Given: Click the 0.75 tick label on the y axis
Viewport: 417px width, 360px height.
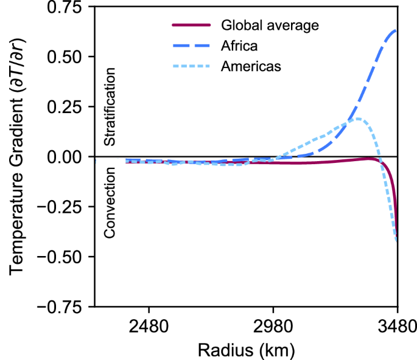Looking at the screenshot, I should (x=65, y=8).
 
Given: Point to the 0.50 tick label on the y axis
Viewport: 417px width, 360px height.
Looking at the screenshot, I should (x=65, y=57).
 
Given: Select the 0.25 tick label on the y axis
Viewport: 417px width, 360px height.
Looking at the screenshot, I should (x=65, y=107).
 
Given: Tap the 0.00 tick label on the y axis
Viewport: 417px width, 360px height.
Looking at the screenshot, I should (x=65, y=157).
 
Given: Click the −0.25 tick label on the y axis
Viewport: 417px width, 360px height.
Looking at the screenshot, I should (x=59, y=207).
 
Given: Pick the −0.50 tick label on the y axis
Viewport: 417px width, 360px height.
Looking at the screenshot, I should (x=59, y=257).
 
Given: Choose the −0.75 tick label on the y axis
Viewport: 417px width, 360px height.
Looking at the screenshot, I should (x=59, y=306).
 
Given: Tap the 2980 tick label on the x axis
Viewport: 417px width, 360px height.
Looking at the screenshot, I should (x=273, y=326).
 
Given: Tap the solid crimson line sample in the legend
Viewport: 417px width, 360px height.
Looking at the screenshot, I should (x=192, y=26).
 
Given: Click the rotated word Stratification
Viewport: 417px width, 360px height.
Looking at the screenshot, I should (x=110, y=107).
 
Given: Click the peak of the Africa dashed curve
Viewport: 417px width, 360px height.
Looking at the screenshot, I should (x=396, y=30).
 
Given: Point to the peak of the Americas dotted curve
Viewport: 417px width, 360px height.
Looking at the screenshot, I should (x=359, y=119).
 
